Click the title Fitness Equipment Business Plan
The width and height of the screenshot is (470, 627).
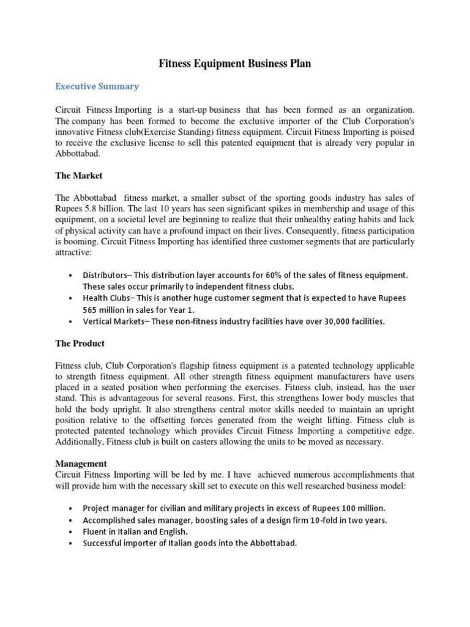tap(235, 64)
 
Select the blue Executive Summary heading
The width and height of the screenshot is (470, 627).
tap(97, 86)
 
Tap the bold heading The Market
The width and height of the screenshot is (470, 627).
tap(79, 175)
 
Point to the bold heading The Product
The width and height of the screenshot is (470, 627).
tap(80, 343)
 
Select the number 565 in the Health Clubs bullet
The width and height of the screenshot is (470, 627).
tap(92, 309)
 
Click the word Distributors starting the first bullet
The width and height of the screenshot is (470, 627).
tap(105, 276)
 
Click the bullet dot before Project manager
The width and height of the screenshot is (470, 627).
tap(72, 509)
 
